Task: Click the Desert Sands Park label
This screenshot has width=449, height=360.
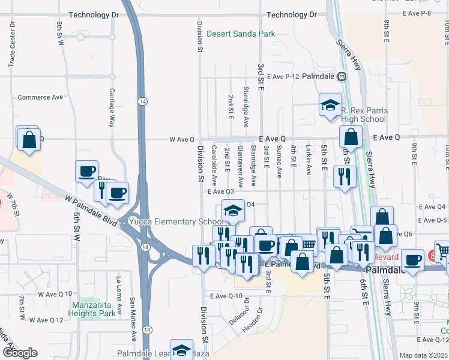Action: click(241, 34)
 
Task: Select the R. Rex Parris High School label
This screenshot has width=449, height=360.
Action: click(364, 115)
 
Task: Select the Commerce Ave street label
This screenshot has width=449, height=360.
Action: click(40, 97)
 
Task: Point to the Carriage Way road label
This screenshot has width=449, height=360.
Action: click(111, 109)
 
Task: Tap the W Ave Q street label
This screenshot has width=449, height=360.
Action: click(182, 139)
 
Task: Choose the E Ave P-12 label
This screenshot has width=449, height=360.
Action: click(283, 77)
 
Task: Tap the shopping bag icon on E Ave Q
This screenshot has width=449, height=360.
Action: click(351, 137)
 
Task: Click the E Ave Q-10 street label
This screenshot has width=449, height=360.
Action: click(226, 296)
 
